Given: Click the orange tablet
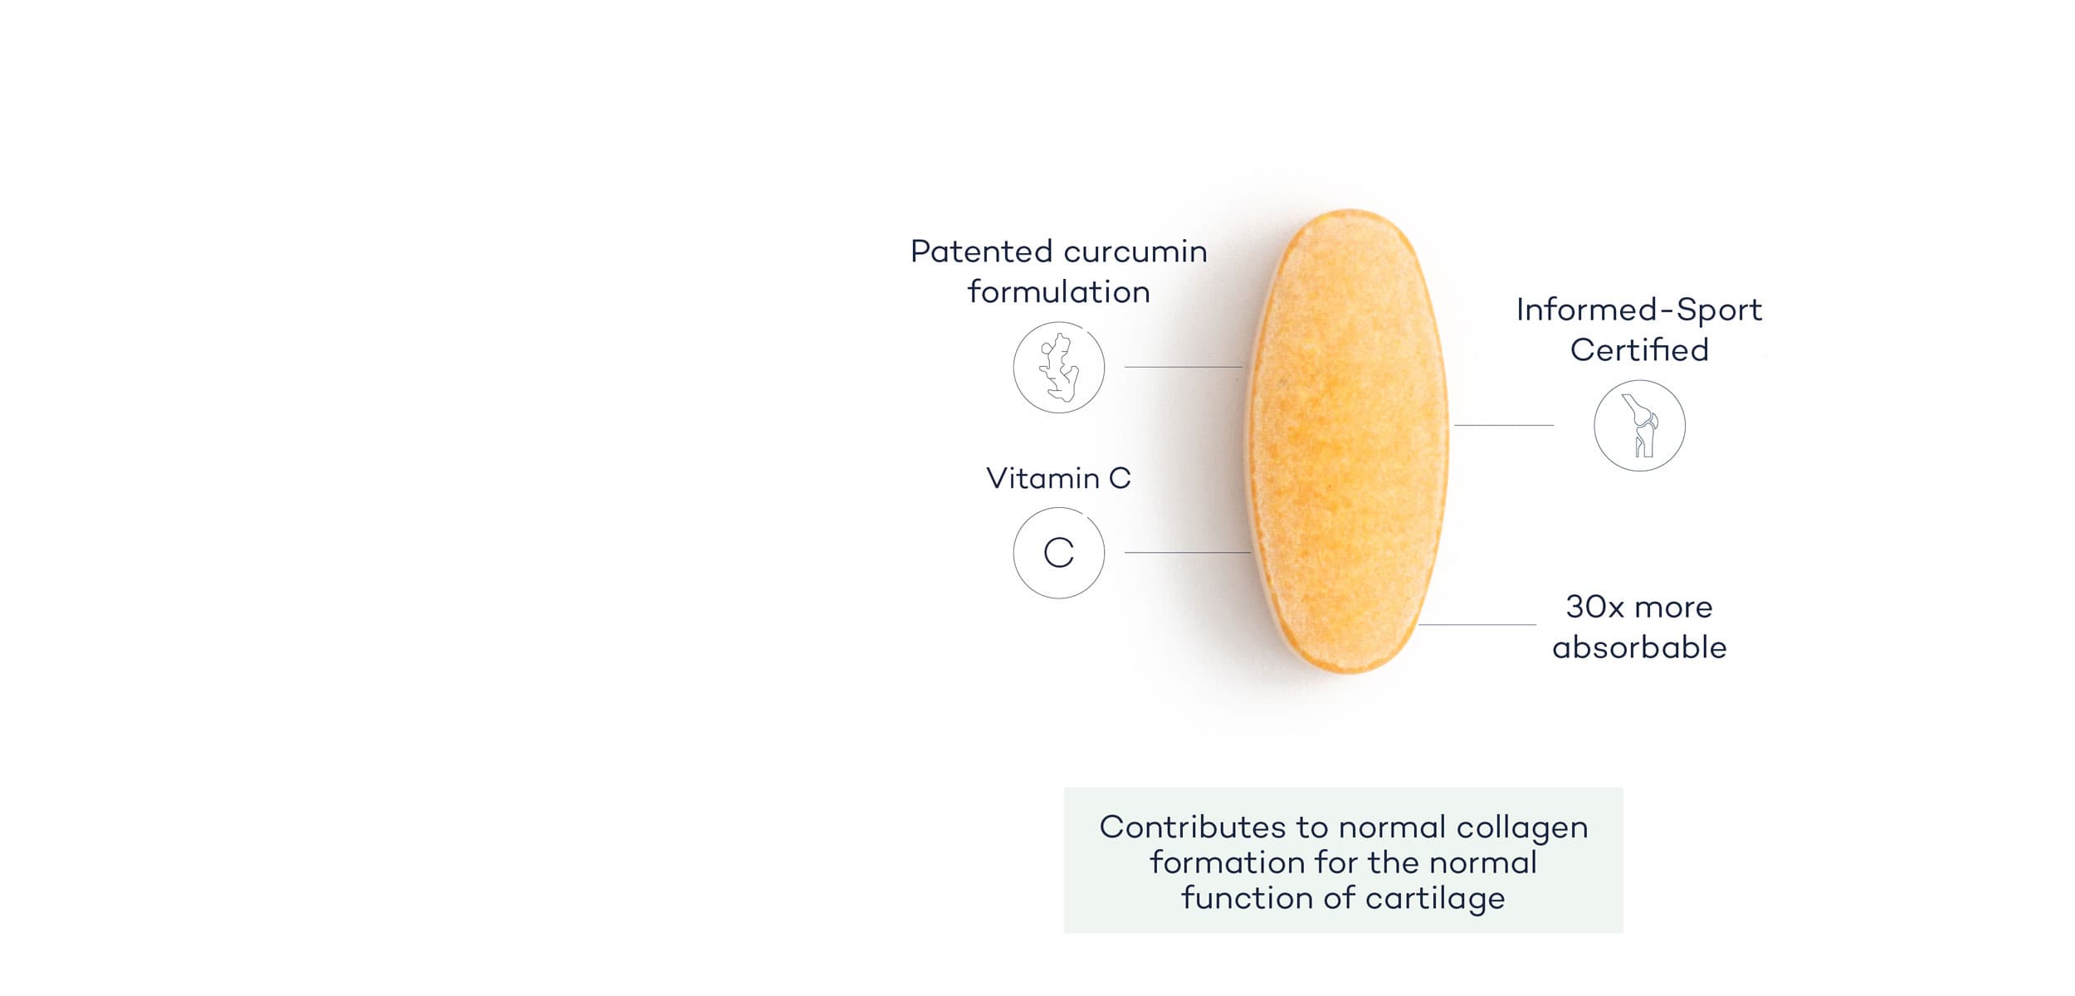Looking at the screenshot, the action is (1349, 441).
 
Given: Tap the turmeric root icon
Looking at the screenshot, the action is (1058, 368).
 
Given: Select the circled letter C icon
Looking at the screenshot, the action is (1058, 553).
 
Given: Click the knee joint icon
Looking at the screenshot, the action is (1639, 426).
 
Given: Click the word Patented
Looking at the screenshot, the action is (981, 251).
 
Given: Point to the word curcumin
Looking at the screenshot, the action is (1135, 251).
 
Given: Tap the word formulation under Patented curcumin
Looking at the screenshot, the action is (1058, 292).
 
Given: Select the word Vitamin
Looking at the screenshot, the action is (1042, 478).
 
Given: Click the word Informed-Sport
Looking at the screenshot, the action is (1639, 310).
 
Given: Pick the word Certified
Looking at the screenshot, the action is (1639, 350).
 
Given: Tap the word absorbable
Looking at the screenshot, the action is (1639, 647).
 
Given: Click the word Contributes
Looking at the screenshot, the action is (1193, 828).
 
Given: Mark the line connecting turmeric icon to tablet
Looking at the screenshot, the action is (1183, 367).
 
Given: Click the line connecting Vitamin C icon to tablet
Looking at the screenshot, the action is (1187, 553).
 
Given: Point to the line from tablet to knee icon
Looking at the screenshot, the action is (1503, 426).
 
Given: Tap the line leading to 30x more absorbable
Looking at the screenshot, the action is (1477, 625).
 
